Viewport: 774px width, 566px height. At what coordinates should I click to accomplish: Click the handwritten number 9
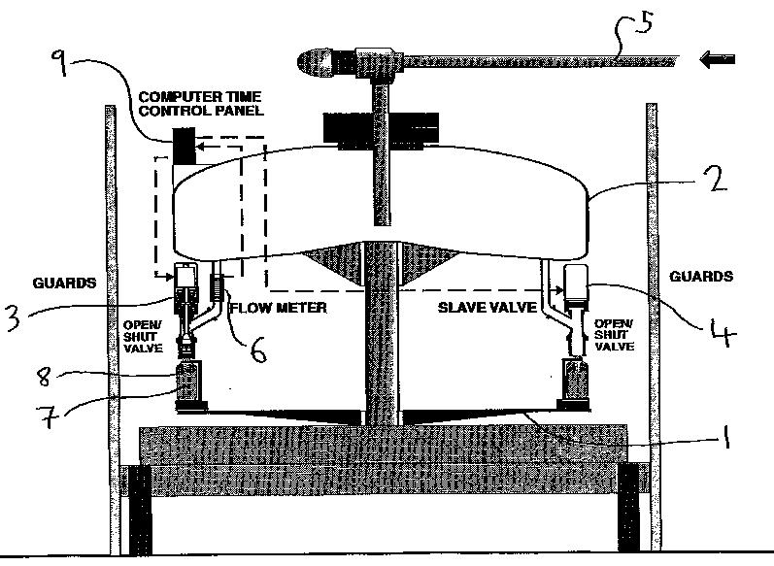[x=61, y=66]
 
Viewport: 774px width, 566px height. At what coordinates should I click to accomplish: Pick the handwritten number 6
[x=257, y=350]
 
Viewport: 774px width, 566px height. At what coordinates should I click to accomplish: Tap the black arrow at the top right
[x=718, y=61]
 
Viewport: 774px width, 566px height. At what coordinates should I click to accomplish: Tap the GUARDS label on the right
[x=701, y=277]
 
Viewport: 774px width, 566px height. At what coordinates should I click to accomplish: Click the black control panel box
[x=184, y=149]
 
